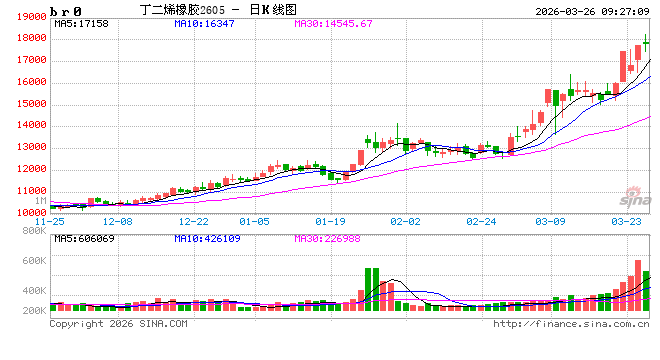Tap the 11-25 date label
coord(50,221)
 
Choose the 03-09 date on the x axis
coord(551,221)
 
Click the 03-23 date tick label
coord(626,221)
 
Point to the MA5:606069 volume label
coord(86,240)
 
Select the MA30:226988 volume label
coord(330,240)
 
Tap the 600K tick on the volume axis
coord(35,260)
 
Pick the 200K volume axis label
coord(35,312)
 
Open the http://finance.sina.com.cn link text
coord(572,323)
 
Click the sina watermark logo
coord(632,196)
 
